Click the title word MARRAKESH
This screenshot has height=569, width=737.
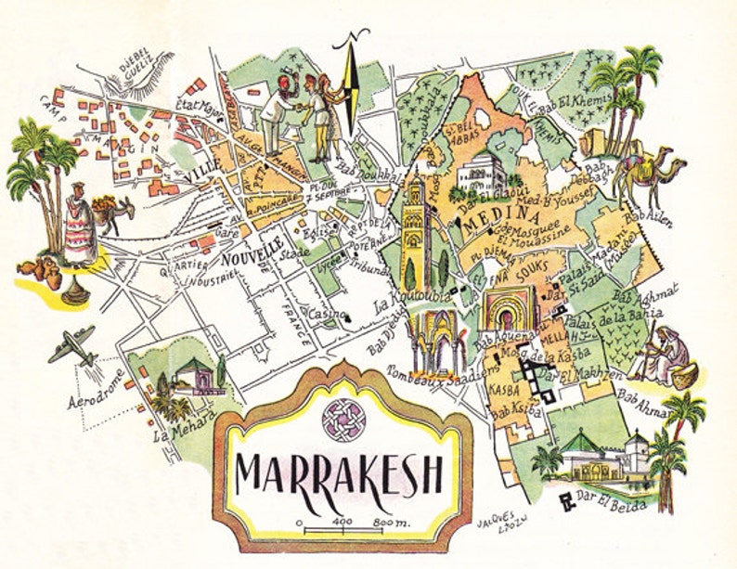(x=340, y=472)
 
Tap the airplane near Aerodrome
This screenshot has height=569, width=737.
(x=71, y=346)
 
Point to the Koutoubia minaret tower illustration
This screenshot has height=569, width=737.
(x=415, y=232)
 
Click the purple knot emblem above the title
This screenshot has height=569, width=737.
(x=343, y=417)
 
